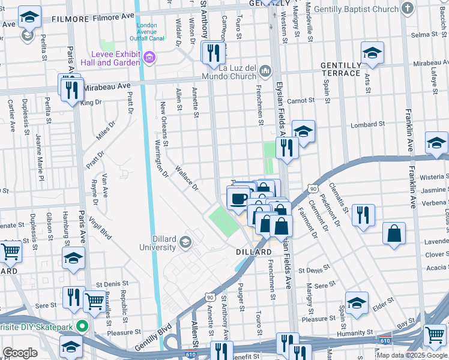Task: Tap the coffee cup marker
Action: tap(238, 198)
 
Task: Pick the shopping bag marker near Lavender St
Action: tap(394, 233)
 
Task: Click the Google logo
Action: tap(20, 353)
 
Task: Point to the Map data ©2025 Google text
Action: tap(412, 355)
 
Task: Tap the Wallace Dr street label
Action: tap(186, 178)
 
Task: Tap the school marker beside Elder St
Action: tap(357, 304)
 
